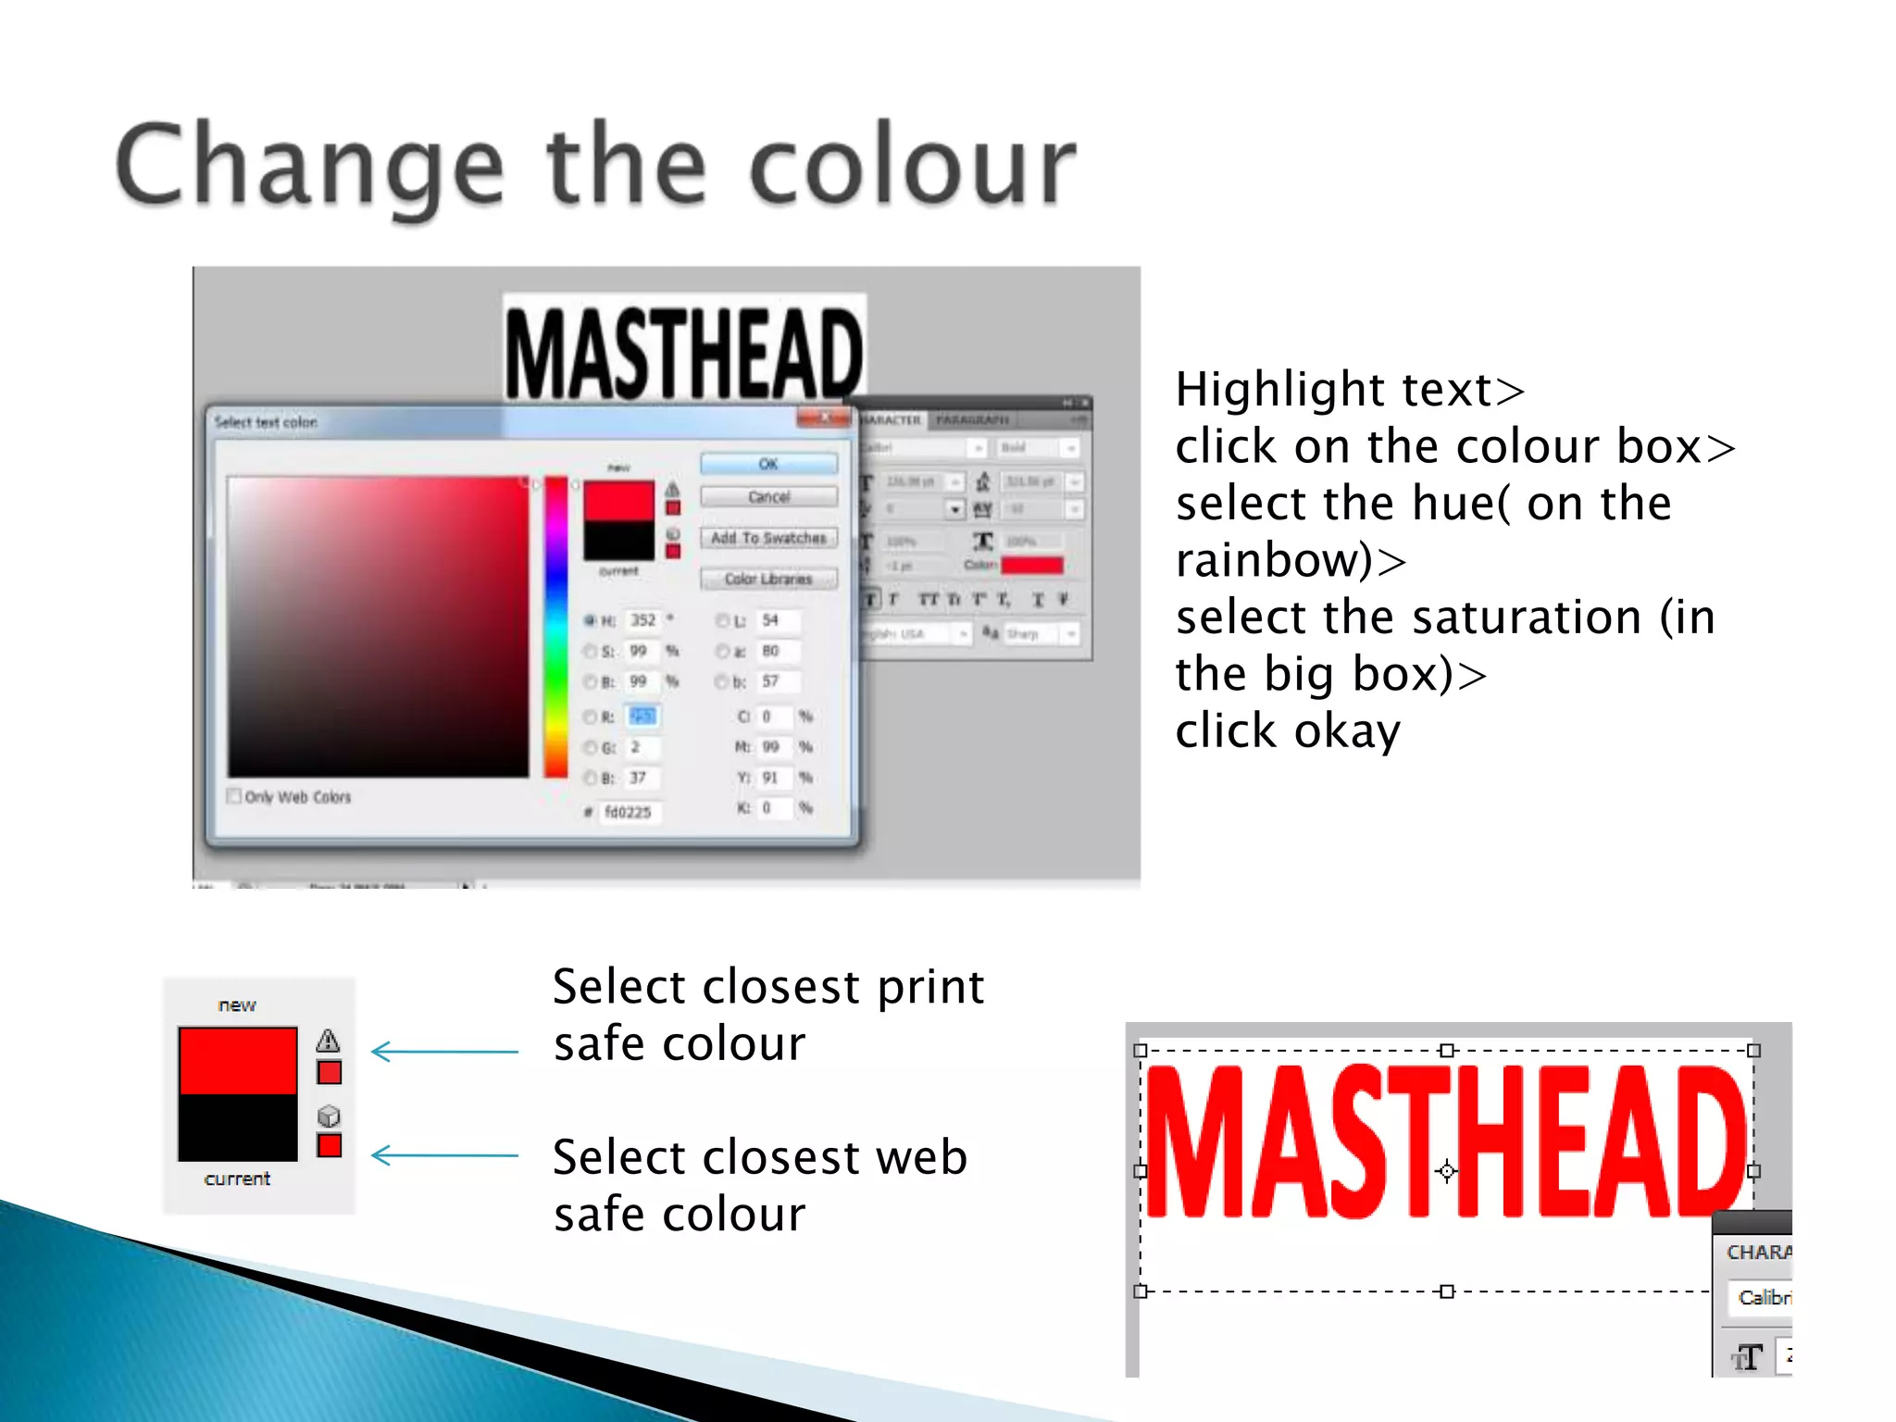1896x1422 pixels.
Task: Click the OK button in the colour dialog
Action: point(768,464)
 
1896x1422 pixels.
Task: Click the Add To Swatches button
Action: point(768,538)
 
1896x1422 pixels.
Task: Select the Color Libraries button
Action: point(768,579)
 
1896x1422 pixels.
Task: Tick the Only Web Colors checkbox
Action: point(234,796)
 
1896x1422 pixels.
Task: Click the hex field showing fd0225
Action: point(629,812)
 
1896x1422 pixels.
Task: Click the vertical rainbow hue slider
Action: point(555,627)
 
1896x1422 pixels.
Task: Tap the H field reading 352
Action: point(642,620)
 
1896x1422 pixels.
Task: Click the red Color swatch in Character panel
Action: point(1032,565)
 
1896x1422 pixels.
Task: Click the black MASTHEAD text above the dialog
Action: point(683,354)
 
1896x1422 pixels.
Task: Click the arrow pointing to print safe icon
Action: point(444,1052)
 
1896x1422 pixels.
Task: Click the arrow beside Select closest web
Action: point(444,1155)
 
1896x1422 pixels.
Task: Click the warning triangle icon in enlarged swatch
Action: point(328,1041)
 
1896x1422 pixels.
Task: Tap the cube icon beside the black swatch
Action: point(329,1116)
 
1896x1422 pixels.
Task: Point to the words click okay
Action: point(1287,731)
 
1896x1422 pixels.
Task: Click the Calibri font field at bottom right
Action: point(1762,1297)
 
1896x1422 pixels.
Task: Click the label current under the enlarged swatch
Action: point(237,1179)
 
